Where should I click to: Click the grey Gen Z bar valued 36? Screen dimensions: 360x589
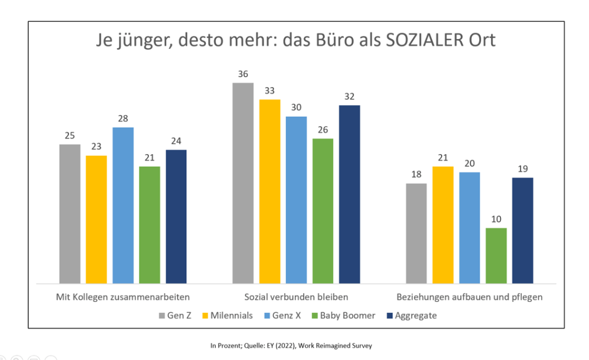tap(243, 183)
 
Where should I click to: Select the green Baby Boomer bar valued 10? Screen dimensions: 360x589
tap(496, 255)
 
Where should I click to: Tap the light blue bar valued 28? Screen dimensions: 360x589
tap(123, 205)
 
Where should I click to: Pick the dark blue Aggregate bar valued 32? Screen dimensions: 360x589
tap(349, 194)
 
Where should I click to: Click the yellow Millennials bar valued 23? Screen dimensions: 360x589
tap(97, 219)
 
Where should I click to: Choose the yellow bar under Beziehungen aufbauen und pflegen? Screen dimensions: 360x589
tap(443, 225)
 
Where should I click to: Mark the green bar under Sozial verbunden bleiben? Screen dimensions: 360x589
tap(323, 211)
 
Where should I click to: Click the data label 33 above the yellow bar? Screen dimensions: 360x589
tap(269, 90)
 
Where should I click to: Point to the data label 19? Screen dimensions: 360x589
tap(523, 168)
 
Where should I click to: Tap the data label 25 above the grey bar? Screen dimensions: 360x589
tap(70, 135)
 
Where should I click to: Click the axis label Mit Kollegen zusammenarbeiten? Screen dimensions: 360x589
tap(123, 298)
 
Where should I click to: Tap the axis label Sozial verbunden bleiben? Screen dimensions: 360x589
tap(296, 298)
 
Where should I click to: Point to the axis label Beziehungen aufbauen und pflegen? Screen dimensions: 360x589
tap(469, 298)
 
